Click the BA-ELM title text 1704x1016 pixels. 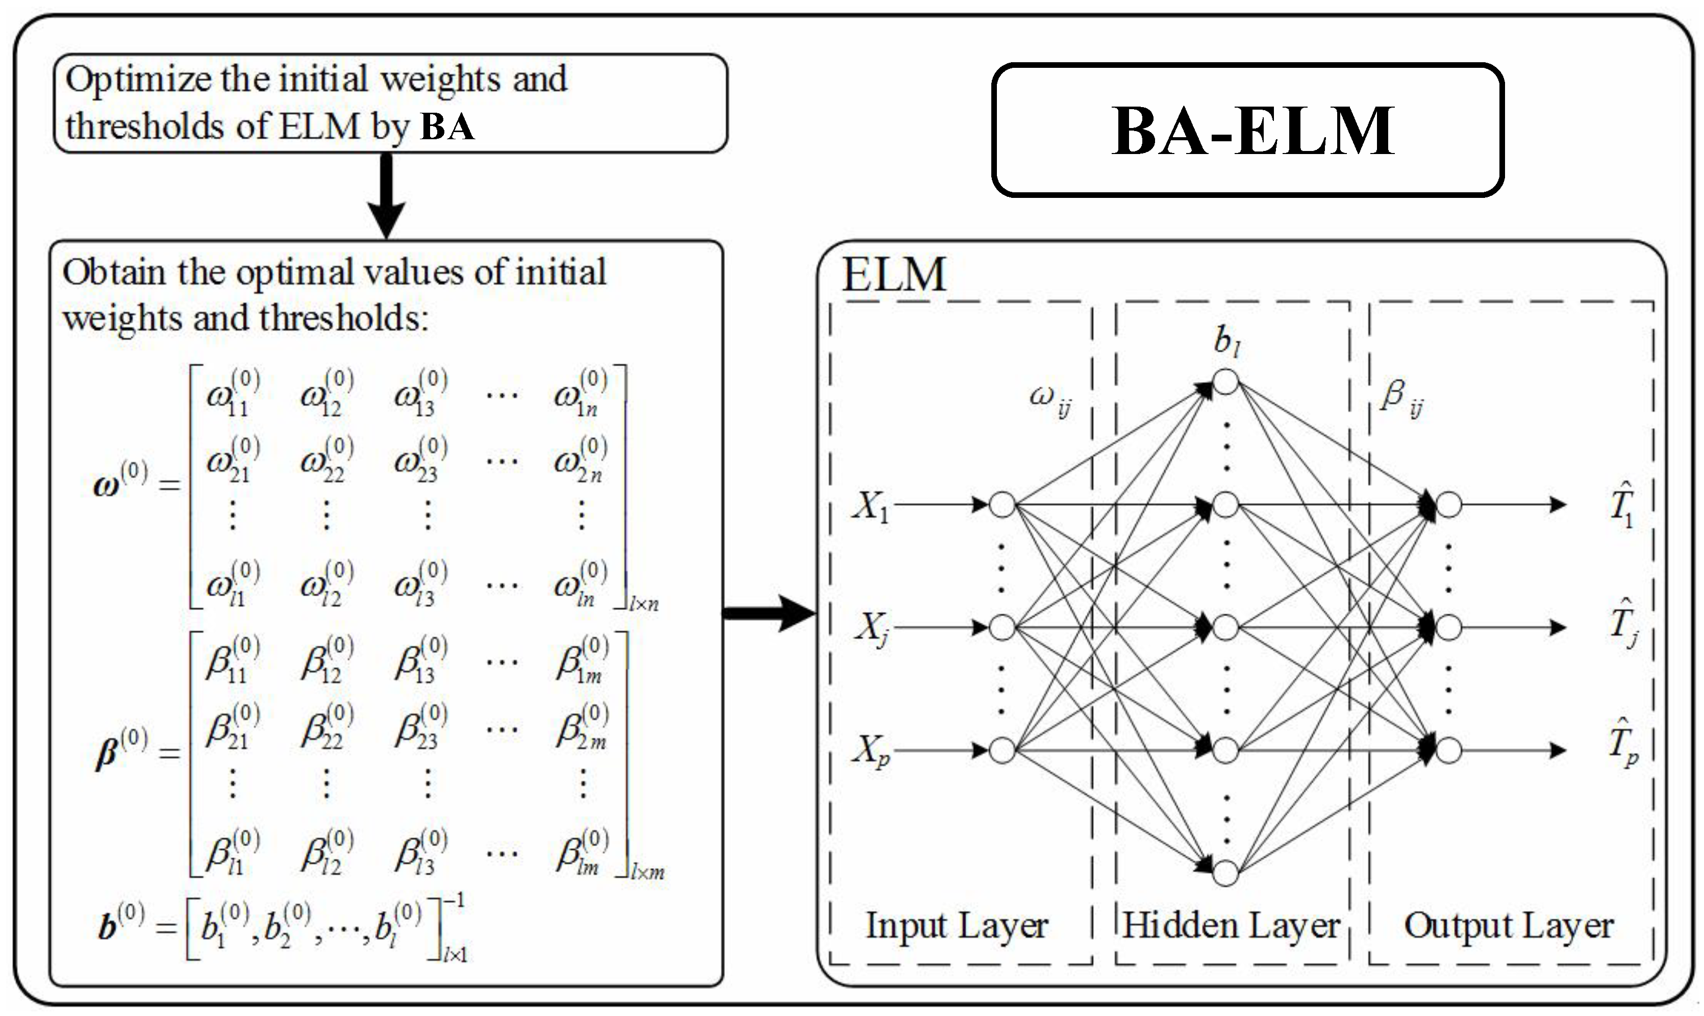pyautogui.click(x=1253, y=132)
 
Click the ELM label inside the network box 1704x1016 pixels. pyautogui.click(x=893, y=275)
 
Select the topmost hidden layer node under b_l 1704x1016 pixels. pyautogui.click(x=1225, y=382)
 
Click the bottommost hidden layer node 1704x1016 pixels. pyautogui.click(x=1225, y=873)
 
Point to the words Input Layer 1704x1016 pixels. pyautogui.click(x=957, y=926)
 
